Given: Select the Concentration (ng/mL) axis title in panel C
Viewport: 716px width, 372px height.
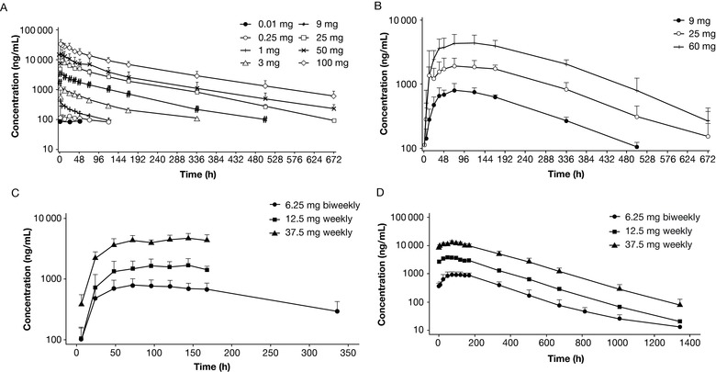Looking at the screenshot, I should pyautogui.click(x=11, y=276).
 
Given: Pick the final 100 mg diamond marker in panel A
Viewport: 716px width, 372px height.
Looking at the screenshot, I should pyautogui.click(x=333, y=96).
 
